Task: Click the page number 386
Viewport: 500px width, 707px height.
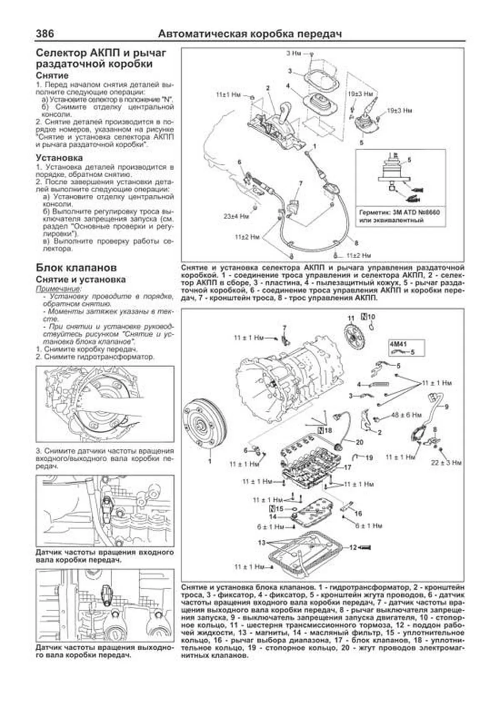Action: [x=45, y=33]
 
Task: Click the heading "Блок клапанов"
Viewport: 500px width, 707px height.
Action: [x=76, y=267]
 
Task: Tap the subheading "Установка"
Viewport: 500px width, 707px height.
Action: [x=59, y=158]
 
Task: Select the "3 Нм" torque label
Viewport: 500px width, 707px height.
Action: [x=295, y=53]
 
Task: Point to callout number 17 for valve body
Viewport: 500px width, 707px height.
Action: [x=347, y=467]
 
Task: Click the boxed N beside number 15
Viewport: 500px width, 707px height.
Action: [x=273, y=509]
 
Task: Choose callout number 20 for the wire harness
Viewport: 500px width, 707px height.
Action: [x=359, y=442]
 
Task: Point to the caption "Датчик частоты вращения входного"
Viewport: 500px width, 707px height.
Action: [x=104, y=553]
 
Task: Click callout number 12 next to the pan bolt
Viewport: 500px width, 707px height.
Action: [x=353, y=547]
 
